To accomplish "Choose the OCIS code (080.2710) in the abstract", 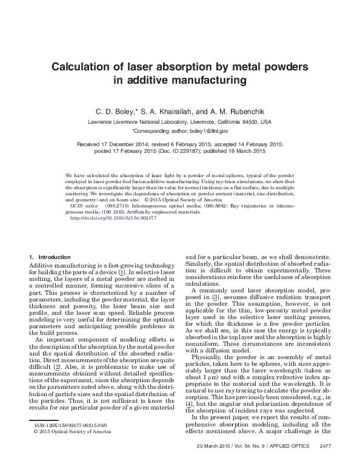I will click(115, 206).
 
